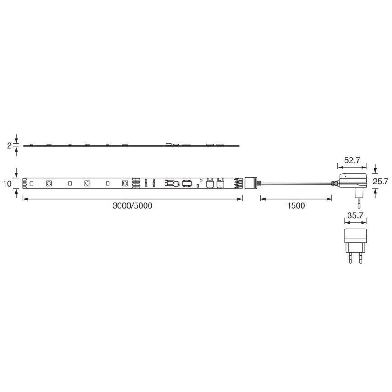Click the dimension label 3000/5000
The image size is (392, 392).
click(x=132, y=206)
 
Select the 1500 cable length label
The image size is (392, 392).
click(x=296, y=206)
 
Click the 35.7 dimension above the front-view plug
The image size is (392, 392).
click(x=355, y=216)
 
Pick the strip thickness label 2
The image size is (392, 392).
click(x=9, y=145)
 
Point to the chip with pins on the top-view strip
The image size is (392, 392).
click(x=187, y=183)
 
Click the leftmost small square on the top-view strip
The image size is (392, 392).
click(x=32, y=183)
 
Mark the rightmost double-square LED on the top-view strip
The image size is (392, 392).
click(x=125, y=183)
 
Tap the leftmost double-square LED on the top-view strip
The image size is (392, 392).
click(x=49, y=183)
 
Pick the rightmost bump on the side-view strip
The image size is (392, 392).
click(x=220, y=144)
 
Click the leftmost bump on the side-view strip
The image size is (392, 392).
click(x=31, y=145)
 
